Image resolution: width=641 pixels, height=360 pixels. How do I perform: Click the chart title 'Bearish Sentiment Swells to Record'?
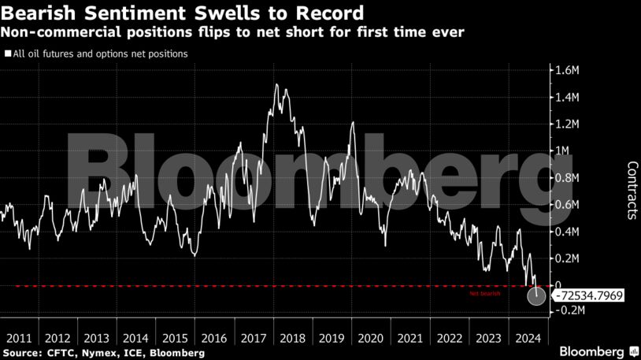pos(183,13)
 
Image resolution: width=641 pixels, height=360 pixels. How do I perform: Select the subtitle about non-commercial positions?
pos(233,32)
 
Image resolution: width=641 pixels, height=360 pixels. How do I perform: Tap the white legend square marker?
pos(7,54)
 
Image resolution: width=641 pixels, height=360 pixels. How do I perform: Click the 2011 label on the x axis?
pos(19,337)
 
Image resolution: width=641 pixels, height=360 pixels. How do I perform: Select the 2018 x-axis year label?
pos(292,337)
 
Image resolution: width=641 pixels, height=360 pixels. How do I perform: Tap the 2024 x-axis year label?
pos(526,337)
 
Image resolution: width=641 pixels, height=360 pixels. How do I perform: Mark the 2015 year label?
pos(175,337)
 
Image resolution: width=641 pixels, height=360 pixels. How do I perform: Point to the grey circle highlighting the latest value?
pos(537,296)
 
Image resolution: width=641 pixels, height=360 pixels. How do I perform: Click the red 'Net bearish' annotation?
pos(485,293)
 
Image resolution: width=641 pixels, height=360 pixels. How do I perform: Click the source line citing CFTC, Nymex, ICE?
pos(104,353)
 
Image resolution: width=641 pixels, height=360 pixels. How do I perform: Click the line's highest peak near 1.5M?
pos(276,84)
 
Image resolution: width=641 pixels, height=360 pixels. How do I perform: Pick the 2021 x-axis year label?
pos(409,337)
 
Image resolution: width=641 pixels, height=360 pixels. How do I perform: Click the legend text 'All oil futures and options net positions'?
pos(99,54)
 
